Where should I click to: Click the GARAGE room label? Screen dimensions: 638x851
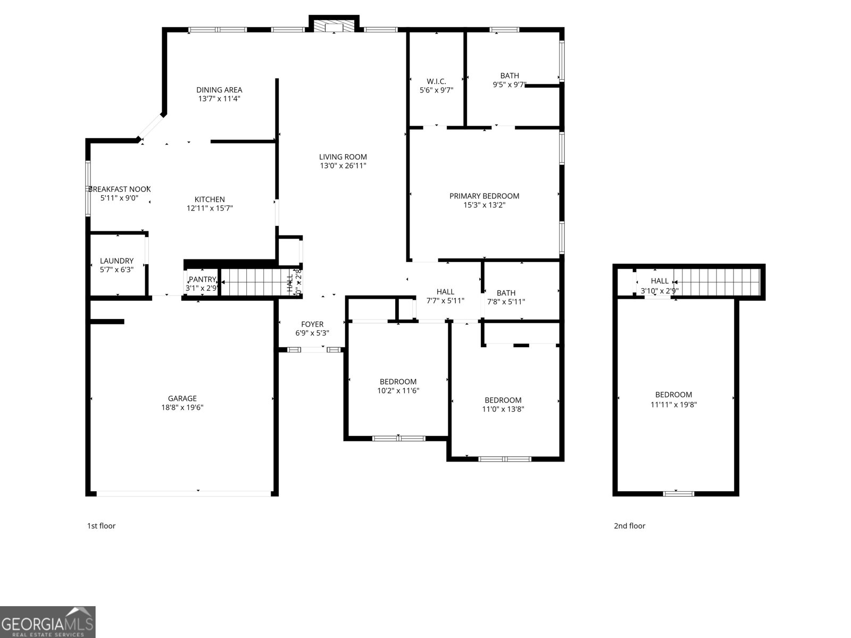pos(182,398)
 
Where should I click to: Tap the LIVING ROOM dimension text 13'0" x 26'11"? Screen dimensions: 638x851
pos(343,166)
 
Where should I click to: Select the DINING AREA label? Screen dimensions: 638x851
pos(219,90)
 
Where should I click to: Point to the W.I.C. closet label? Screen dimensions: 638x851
pos(436,81)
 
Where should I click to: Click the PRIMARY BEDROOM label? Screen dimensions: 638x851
pos(484,196)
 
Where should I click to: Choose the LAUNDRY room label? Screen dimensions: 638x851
pos(116,261)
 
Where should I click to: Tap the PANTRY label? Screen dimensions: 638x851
pos(202,279)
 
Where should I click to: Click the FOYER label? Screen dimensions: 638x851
pos(312,324)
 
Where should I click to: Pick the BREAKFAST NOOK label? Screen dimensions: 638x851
pos(120,189)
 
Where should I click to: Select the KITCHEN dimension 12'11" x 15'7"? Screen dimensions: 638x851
pos(210,208)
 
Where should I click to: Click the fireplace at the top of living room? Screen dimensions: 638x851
pos(334,26)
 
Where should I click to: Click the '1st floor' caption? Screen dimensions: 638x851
pos(101,526)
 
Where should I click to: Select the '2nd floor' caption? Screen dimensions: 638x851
pos(630,526)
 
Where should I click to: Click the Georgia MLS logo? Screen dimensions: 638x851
pos(48,622)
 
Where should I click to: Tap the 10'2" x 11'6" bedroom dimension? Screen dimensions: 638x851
pos(398,391)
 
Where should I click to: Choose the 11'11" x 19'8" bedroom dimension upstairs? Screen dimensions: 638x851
pos(673,404)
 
